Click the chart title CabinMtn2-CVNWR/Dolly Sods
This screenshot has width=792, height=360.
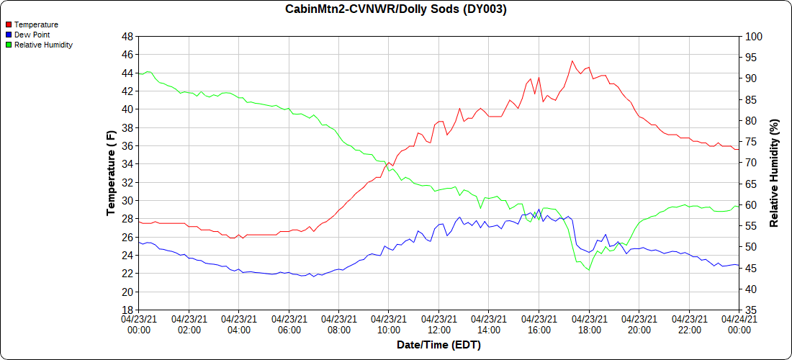pos(395,9)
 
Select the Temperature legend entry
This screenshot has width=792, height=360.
pos(36,24)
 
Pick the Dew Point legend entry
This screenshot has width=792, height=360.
pos(32,35)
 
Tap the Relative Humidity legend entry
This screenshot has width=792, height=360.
pos(43,45)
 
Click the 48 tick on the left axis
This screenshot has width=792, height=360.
pos(127,36)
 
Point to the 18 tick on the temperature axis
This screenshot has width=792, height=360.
pos(127,310)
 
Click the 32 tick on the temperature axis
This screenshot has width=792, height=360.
pos(127,182)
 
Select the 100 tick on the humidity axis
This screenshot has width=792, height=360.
pos(753,36)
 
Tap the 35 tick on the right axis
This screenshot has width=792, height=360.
pos(750,310)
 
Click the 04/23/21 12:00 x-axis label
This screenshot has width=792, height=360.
pos(438,324)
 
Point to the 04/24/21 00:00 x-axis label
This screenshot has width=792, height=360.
pos(739,324)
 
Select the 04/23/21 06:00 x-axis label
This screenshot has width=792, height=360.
pos(289,324)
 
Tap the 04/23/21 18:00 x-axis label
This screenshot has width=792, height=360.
pos(589,324)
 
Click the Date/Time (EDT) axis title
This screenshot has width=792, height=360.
pos(438,345)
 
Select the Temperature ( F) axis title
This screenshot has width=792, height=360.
pos(111,173)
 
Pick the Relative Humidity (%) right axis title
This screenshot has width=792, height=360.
pos(774,173)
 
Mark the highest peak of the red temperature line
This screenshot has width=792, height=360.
pos(572,60)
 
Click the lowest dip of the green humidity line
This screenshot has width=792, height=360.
pos(589,270)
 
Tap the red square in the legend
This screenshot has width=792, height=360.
pos(8,24)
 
